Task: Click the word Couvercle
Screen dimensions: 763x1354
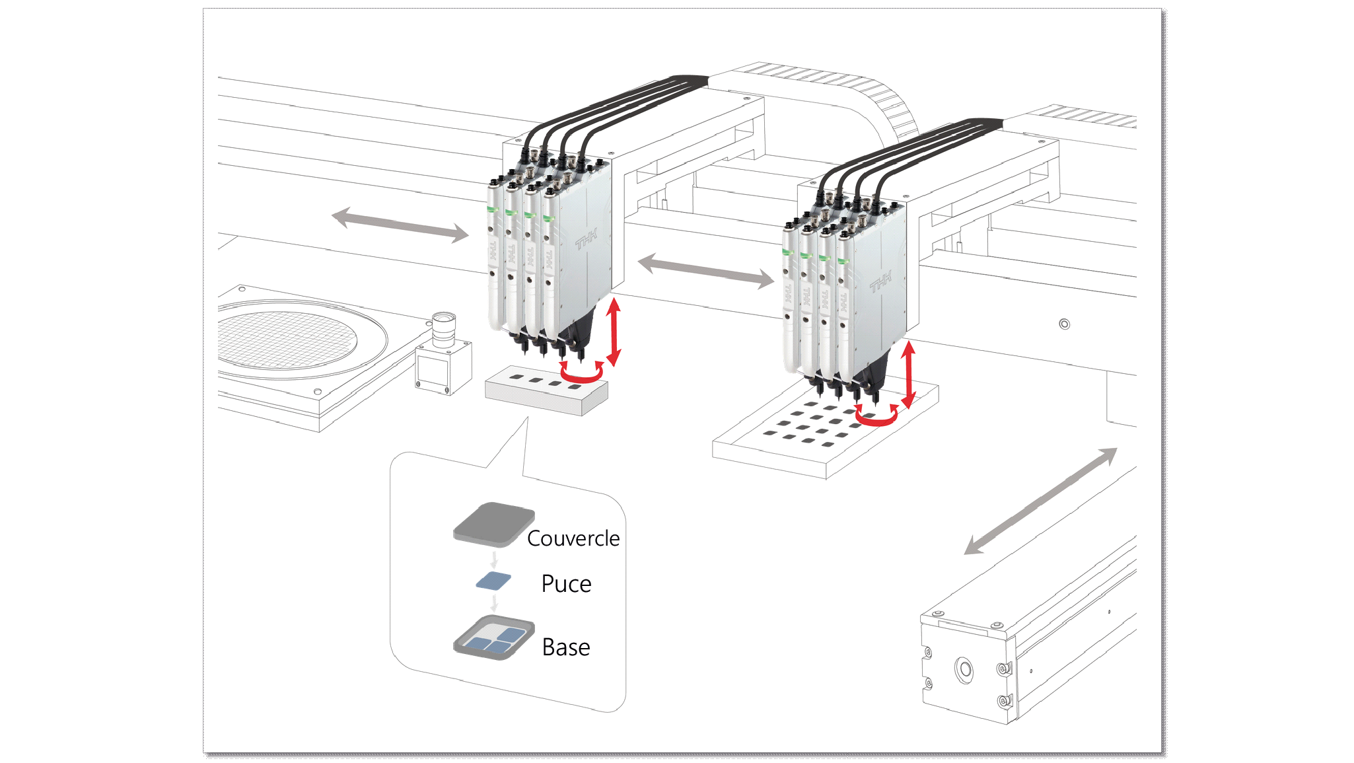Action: pyautogui.click(x=573, y=538)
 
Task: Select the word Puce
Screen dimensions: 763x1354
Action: pyautogui.click(x=566, y=584)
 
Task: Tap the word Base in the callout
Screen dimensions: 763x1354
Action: pyautogui.click(x=566, y=647)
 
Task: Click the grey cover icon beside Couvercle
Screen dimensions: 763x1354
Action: pyautogui.click(x=493, y=525)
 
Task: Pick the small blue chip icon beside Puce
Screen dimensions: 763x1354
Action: pyautogui.click(x=493, y=581)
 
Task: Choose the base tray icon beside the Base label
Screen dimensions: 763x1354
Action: pyautogui.click(x=493, y=638)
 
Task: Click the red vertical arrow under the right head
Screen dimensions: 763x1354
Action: pyautogui.click(x=909, y=374)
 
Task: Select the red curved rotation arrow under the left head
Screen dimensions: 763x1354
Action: pyautogui.click(x=582, y=374)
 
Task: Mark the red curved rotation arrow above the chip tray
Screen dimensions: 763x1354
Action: pyautogui.click(x=876, y=417)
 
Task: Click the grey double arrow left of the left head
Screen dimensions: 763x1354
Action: pyautogui.click(x=400, y=225)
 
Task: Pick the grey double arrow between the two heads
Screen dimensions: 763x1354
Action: pyautogui.click(x=705, y=271)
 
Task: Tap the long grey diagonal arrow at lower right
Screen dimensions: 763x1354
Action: pyautogui.click(x=1040, y=501)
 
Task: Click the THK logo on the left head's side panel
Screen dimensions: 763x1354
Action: pyautogui.click(x=586, y=239)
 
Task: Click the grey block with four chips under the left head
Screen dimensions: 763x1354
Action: pyautogui.click(x=546, y=391)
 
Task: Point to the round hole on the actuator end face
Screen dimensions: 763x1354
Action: pyautogui.click(x=964, y=670)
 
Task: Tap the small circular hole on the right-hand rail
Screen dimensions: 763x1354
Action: pyautogui.click(x=1064, y=324)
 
